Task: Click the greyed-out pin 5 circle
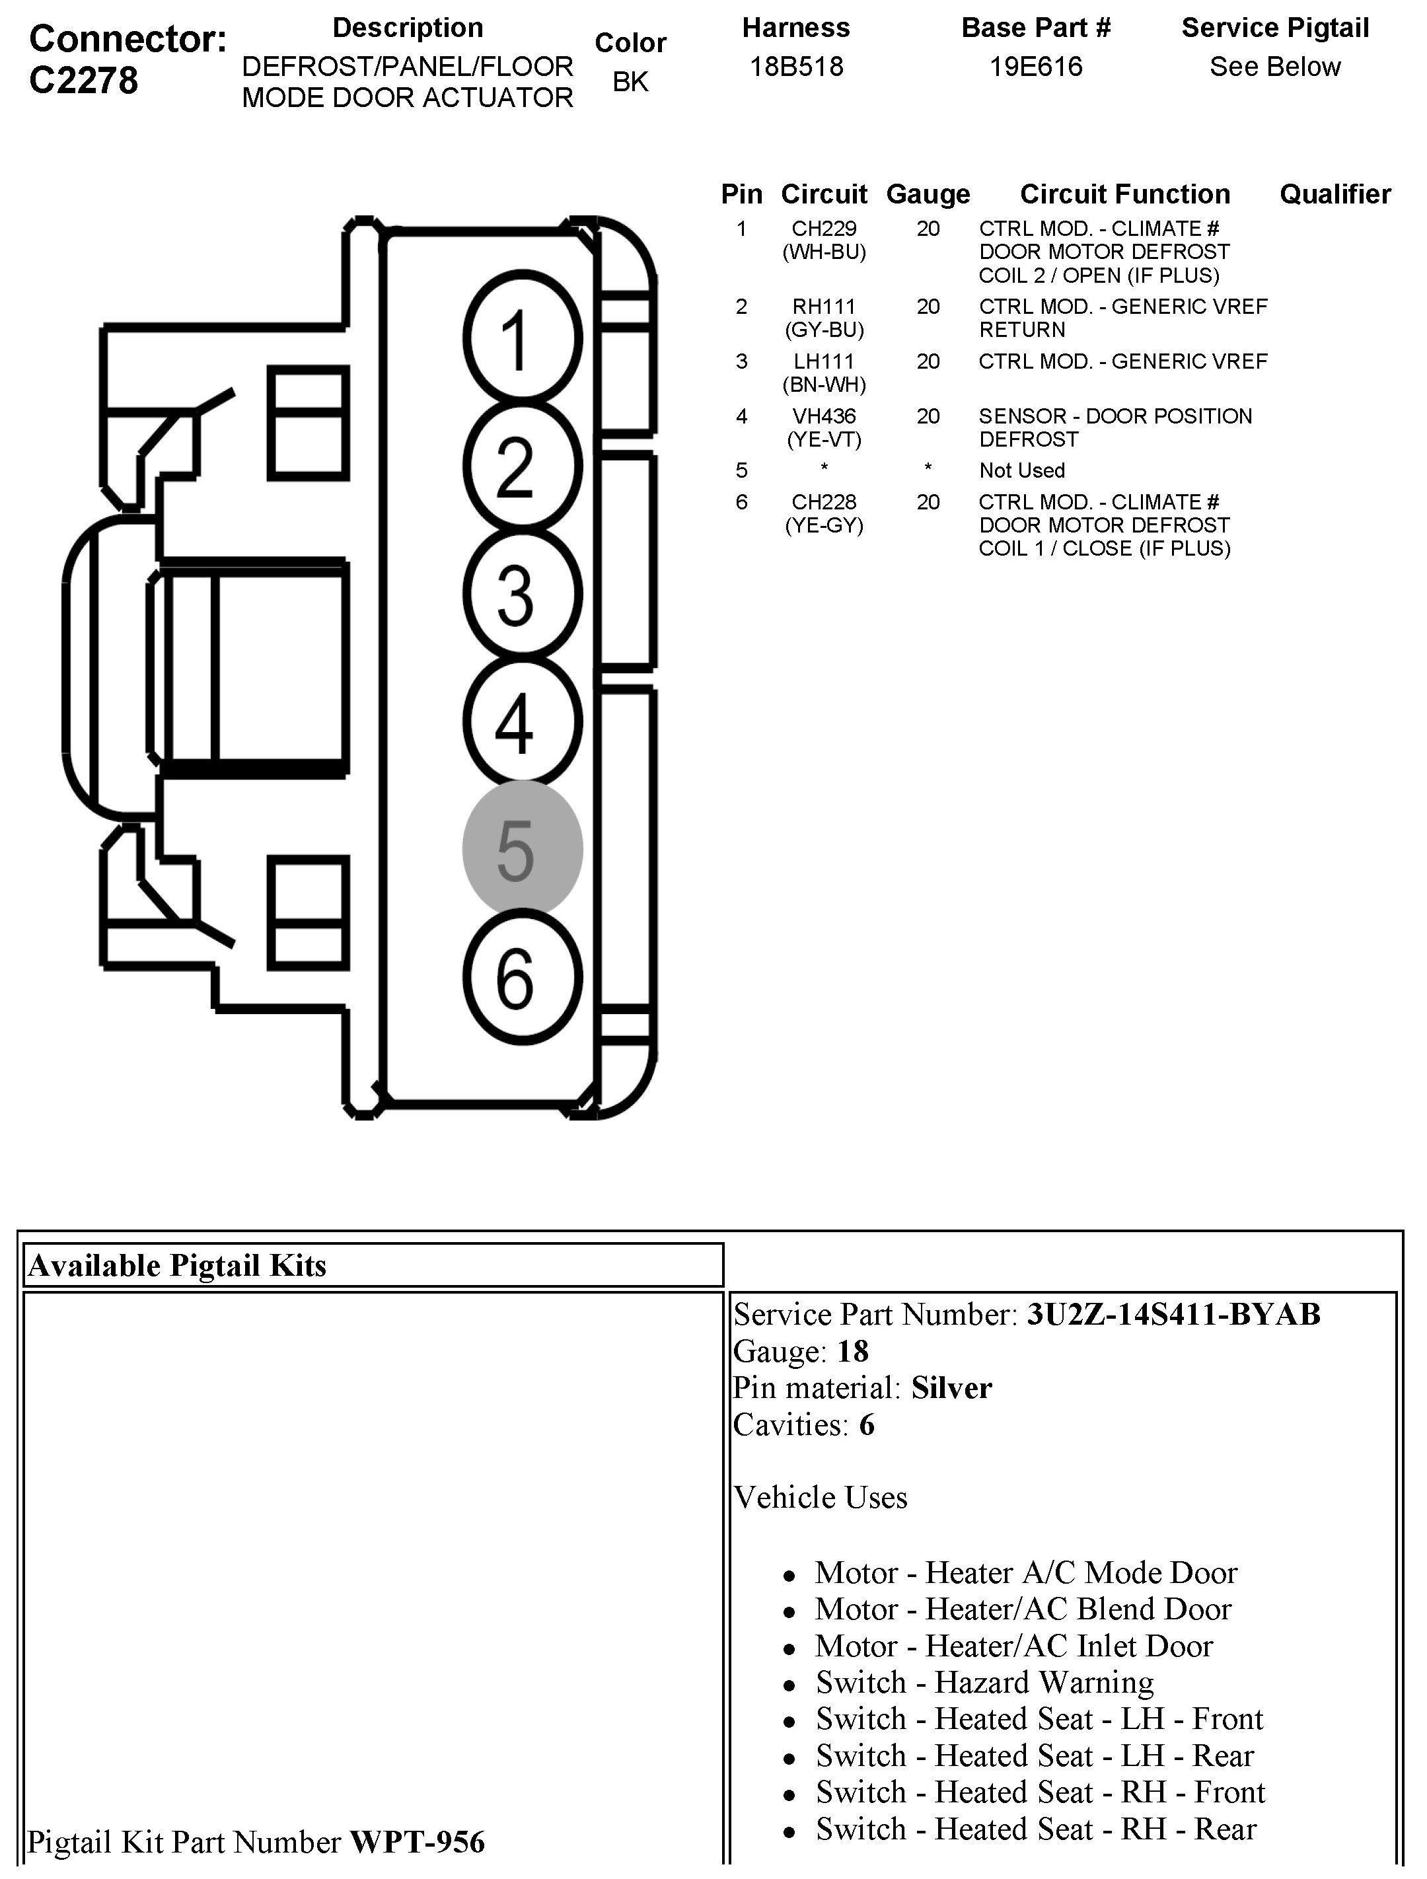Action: [521, 848]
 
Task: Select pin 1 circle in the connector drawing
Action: [521, 337]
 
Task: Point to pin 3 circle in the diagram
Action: [521, 593]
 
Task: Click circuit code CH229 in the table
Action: [823, 229]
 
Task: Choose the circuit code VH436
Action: [823, 416]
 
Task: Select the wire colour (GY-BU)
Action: [823, 330]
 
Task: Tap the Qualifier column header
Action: [1335, 194]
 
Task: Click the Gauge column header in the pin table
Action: [928, 194]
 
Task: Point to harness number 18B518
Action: [796, 67]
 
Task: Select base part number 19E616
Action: [1035, 67]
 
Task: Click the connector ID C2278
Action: [83, 81]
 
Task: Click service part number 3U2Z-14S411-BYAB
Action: [1173, 1314]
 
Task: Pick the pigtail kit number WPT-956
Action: [417, 1841]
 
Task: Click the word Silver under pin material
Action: [951, 1388]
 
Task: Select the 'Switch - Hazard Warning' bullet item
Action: [984, 1682]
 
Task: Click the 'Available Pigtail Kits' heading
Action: [176, 1266]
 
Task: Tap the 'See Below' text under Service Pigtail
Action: [1274, 67]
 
